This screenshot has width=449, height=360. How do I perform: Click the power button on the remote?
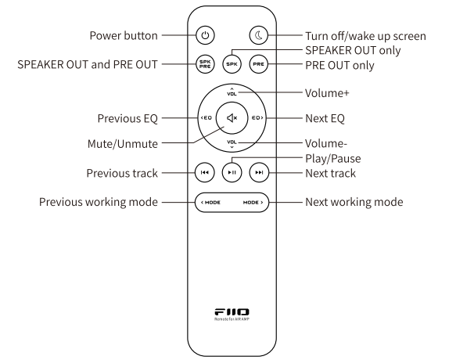pyautogui.click(x=205, y=35)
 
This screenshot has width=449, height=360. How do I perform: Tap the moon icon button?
pyautogui.click(x=259, y=35)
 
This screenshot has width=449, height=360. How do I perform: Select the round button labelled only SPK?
pyautogui.click(x=232, y=64)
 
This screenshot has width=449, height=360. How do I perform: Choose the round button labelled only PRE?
pyautogui.click(x=259, y=64)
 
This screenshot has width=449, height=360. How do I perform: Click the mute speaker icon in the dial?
pyautogui.click(x=232, y=117)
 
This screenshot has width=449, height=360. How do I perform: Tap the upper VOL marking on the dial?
pyautogui.click(x=232, y=92)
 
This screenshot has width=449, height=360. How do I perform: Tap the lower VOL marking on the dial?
pyautogui.click(x=232, y=143)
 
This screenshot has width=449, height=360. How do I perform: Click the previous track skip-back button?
pyautogui.click(x=204, y=172)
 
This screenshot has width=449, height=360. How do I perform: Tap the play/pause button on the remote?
pyautogui.click(x=232, y=172)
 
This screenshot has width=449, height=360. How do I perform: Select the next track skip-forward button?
pyautogui.click(x=259, y=172)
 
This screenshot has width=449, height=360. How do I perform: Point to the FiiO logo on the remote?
pyautogui.click(x=232, y=311)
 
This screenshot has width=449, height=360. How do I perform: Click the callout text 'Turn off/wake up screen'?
pyautogui.click(x=365, y=36)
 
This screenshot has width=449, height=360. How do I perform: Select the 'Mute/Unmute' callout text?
pyautogui.click(x=123, y=144)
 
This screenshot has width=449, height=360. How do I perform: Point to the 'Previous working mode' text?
pyautogui.click(x=99, y=202)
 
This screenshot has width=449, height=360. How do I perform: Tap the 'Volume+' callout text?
pyautogui.click(x=327, y=93)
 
